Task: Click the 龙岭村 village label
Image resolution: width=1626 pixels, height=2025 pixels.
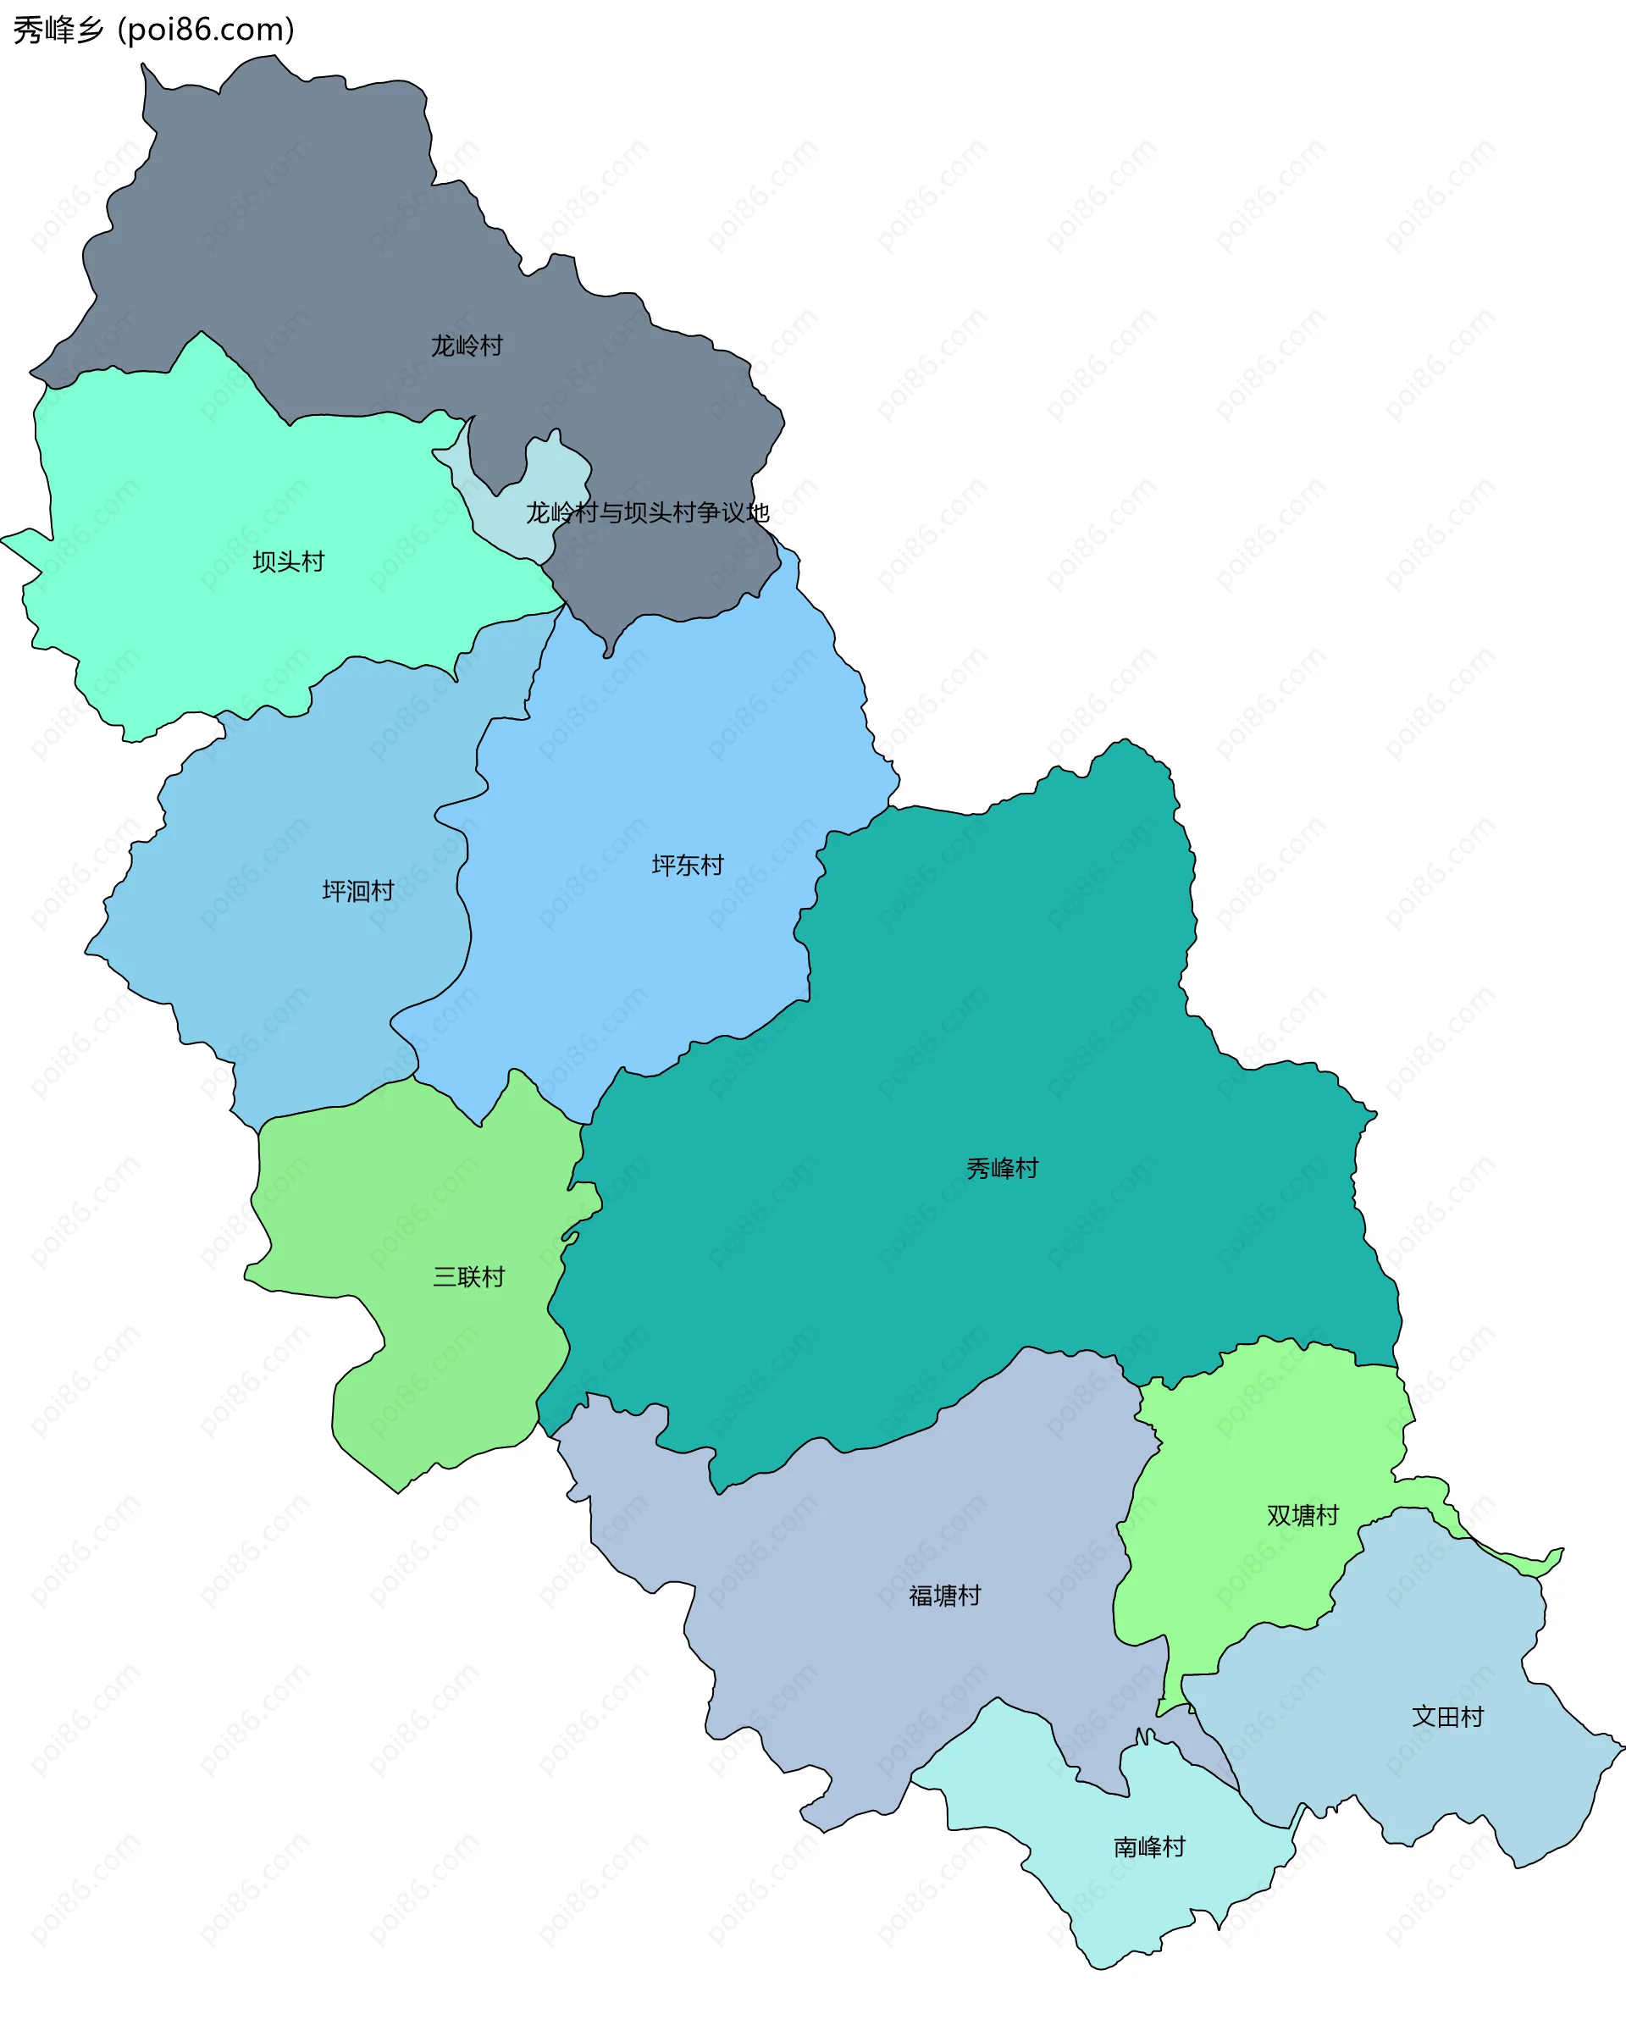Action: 467,346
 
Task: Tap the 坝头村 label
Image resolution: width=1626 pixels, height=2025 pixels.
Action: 289,562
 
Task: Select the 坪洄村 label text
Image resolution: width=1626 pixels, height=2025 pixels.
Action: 358,890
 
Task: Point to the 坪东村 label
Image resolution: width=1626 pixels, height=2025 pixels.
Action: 688,865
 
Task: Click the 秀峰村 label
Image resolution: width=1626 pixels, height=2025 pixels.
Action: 1003,1169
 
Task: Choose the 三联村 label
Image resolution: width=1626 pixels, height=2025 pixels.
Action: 468,1276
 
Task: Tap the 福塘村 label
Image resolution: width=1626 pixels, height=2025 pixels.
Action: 945,1596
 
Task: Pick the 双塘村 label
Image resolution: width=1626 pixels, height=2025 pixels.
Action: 1302,1515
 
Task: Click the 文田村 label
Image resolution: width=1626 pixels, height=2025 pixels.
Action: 1447,1717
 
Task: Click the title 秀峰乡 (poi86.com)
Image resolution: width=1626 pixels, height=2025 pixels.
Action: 154,30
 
